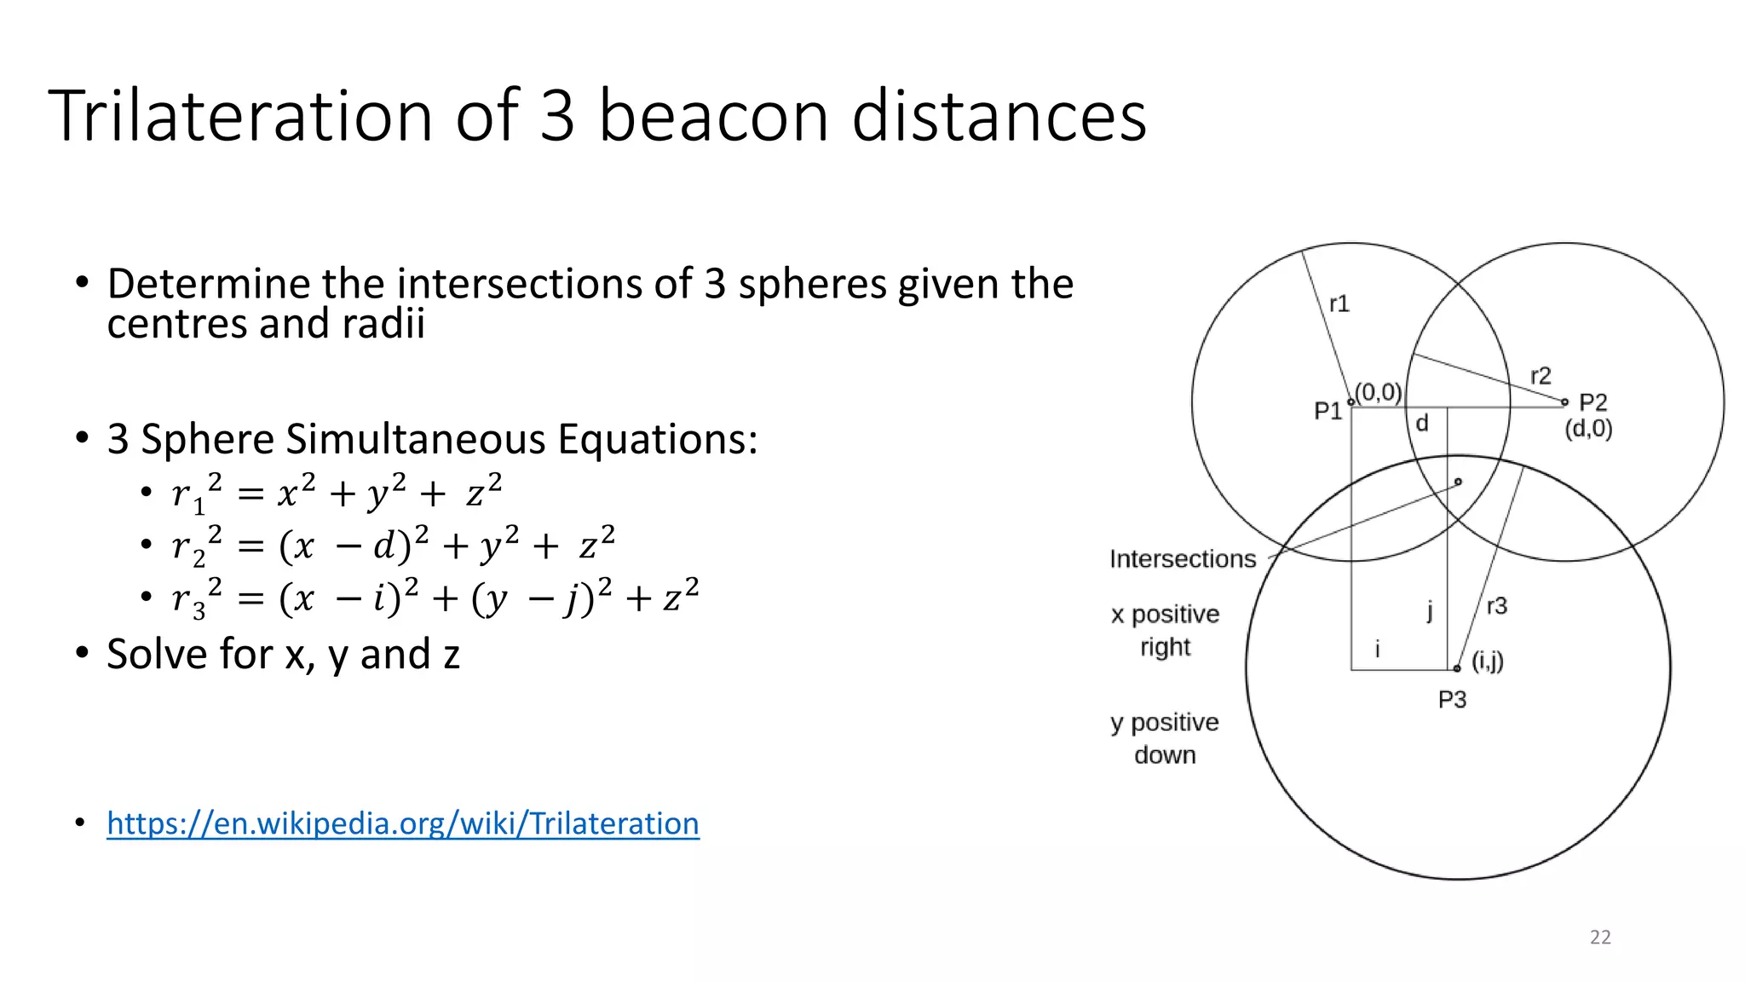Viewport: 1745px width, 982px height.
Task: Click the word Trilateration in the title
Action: tap(240, 116)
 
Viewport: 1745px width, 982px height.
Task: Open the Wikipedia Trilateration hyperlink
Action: tap(402, 823)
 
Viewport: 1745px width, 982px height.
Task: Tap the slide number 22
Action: tap(1600, 937)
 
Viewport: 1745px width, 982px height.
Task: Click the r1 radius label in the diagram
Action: tap(1339, 304)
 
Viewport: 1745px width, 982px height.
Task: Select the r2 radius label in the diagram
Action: tap(1541, 376)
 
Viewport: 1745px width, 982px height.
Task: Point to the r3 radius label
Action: tap(1496, 606)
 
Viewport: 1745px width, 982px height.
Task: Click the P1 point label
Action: tap(1327, 412)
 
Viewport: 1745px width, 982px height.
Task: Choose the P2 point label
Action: tap(1592, 402)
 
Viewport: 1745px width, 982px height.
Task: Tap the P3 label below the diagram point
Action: tap(1452, 700)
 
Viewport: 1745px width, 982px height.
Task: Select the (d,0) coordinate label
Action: tap(1588, 429)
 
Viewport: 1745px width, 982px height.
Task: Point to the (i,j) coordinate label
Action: tap(1488, 661)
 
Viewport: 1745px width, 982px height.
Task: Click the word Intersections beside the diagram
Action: tap(1182, 559)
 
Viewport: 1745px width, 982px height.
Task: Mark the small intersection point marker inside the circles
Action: tap(1458, 482)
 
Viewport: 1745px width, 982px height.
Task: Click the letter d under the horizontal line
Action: tap(1421, 424)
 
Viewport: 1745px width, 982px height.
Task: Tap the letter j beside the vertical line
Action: tap(1430, 610)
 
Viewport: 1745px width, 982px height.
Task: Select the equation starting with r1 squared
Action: tap(337, 494)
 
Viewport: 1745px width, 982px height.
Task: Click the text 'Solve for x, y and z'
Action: tap(283, 655)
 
